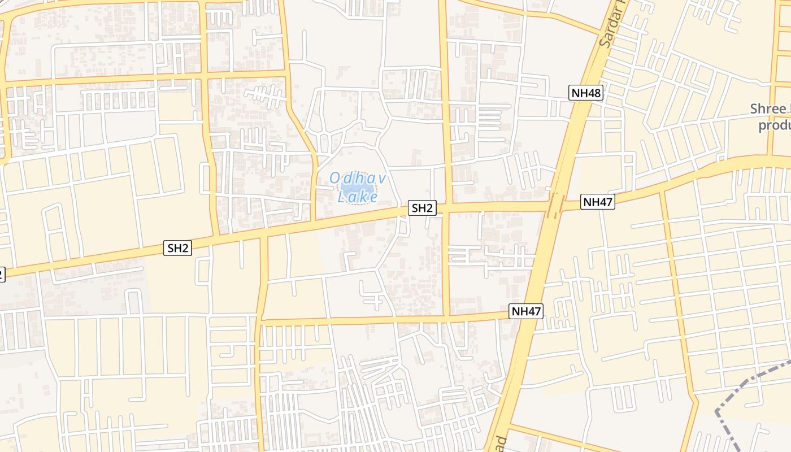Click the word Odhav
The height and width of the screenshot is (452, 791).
(358, 179)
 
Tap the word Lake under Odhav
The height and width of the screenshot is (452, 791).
(358, 197)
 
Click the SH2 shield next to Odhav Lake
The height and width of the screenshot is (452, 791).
(422, 208)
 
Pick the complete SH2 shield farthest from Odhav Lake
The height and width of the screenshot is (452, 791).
(178, 247)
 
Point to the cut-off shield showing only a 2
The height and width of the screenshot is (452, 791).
(2, 274)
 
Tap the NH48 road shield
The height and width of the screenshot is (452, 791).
(586, 93)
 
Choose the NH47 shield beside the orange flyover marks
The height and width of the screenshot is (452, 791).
(598, 202)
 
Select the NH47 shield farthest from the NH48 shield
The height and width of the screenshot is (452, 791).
(526, 311)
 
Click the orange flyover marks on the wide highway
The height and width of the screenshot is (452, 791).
(555, 206)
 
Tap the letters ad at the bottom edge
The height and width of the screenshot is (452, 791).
(501, 442)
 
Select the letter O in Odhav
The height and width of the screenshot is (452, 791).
(334, 179)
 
